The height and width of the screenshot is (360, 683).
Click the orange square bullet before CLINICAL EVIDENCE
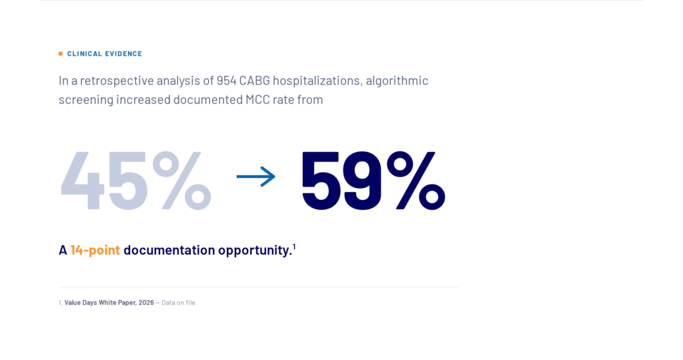[x=61, y=53]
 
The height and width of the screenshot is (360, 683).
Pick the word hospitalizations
[x=317, y=81]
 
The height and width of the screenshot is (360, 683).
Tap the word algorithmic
[x=397, y=81]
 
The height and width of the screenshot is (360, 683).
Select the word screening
[x=86, y=100]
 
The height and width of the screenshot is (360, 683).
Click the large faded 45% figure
[x=136, y=180]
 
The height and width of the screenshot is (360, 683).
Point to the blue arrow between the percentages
[x=256, y=176]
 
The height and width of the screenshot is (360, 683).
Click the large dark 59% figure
[x=374, y=180]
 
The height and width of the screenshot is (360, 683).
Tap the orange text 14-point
[x=95, y=250]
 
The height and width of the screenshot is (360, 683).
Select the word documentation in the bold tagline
[x=169, y=250]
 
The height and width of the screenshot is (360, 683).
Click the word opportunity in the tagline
[x=255, y=250]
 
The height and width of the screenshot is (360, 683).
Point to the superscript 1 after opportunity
[x=294, y=247]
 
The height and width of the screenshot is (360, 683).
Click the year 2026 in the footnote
[x=146, y=303]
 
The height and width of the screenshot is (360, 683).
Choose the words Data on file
[x=178, y=303]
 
